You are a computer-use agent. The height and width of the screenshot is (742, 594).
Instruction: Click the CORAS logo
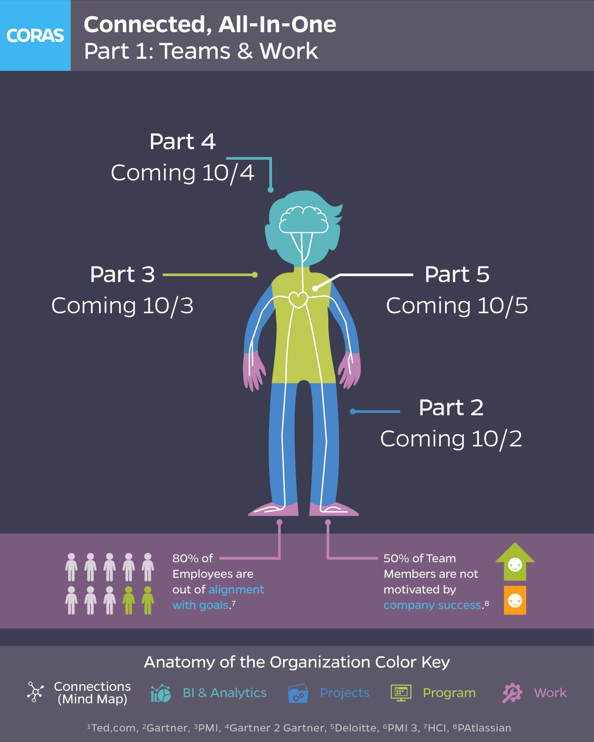[35, 35]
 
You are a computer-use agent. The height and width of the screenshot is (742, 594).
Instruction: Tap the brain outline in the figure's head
[303, 220]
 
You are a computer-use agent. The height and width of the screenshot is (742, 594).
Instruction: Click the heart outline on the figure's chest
[298, 299]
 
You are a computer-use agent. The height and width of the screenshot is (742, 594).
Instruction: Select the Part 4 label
[182, 141]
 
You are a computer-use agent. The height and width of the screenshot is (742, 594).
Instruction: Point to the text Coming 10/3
[122, 306]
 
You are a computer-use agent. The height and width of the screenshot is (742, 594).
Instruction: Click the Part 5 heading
[457, 275]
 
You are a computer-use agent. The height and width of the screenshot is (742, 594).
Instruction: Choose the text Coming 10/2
[451, 439]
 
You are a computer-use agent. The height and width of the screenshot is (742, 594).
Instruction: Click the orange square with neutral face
[515, 600]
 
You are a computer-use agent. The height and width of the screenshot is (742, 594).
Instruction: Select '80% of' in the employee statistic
[192, 558]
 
